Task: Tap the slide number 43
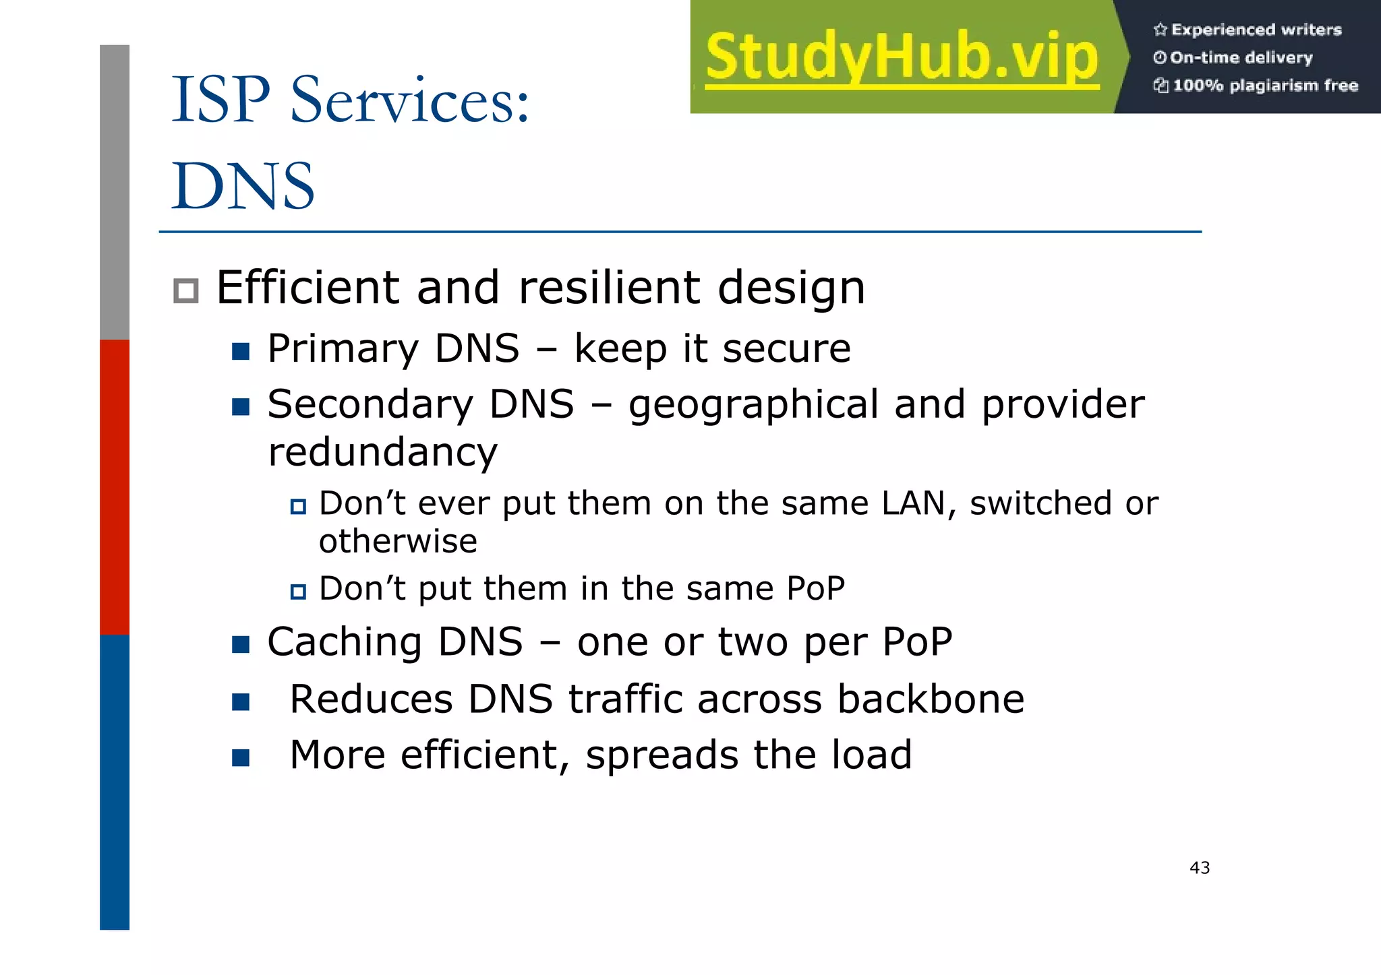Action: (x=1200, y=868)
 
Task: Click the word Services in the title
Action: (x=409, y=101)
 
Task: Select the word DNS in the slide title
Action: (x=243, y=187)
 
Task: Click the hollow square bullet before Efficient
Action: (x=186, y=291)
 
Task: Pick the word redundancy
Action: (x=382, y=452)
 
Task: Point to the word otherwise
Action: (x=398, y=542)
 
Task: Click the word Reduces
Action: (x=371, y=699)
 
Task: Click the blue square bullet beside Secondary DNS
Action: (x=241, y=407)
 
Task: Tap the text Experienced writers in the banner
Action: (x=1256, y=30)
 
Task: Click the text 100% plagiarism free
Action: (x=1264, y=86)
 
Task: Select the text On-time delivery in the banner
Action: (x=1241, y=58)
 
